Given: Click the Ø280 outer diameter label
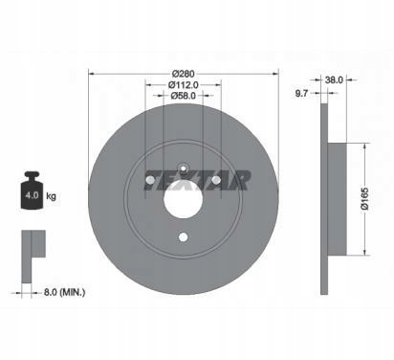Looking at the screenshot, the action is click(183, 74).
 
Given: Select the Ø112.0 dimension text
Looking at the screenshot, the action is click(183, 85).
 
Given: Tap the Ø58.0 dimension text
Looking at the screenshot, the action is click(183, 96).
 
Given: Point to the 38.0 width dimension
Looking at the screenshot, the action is click(334, 79).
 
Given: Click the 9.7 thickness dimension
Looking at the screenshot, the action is click(301, 93).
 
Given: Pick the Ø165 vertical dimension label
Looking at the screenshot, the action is click(365, 198).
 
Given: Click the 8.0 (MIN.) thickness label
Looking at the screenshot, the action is click(64, 292).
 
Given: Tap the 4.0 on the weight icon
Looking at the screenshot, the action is click(32, 195).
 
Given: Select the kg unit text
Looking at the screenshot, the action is click(51, 195).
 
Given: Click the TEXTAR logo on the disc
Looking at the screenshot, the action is click(197, 180).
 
